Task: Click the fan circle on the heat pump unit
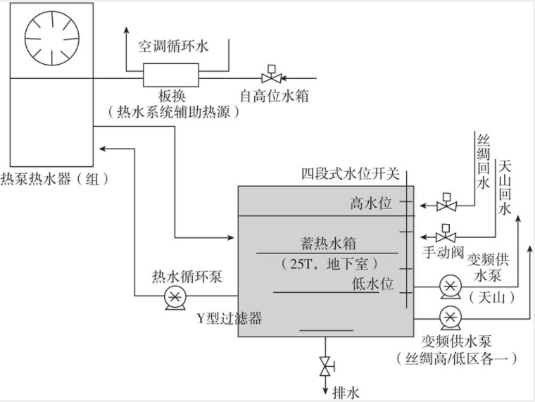49,37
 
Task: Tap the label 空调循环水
173,46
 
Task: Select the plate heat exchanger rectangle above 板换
171,73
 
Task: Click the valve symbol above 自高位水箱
268,74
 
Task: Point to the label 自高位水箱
275,95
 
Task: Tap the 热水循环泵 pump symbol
172,298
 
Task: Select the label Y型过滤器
229,319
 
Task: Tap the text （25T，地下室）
327,263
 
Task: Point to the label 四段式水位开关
350,173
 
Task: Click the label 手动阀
442,251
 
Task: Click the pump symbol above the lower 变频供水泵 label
448,317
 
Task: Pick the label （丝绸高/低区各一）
458,358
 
